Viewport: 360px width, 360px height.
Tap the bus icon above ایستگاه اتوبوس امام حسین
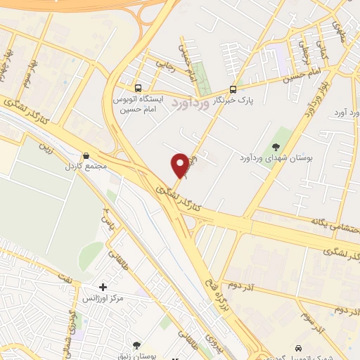(138, 89)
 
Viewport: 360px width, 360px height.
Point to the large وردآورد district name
(191, 103)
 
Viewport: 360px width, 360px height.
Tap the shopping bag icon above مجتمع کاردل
(86, 156)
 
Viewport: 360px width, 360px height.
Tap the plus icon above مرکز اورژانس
(103, 287)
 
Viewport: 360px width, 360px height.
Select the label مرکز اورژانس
(103, 298)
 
